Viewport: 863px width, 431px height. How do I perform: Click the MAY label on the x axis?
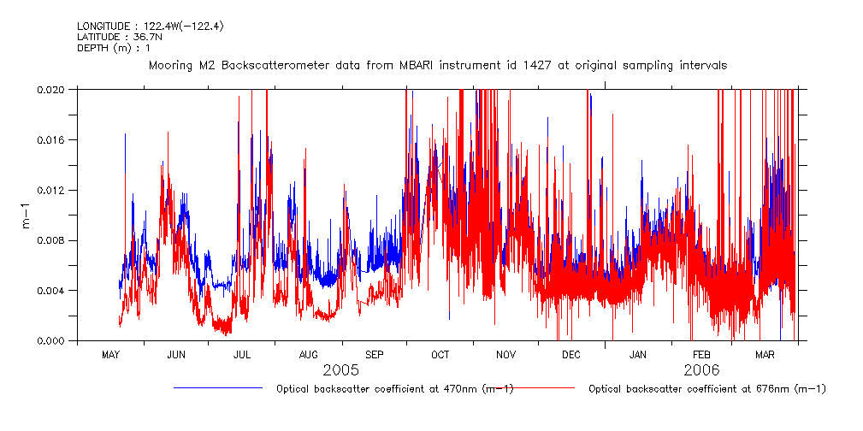coord(110,354)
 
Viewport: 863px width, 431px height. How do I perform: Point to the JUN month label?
coord(176,354)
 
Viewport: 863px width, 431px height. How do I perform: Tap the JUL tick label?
coord(242,354)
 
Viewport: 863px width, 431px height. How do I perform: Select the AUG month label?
coord(309,354)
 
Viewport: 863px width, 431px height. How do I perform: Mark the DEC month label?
coord(571,354)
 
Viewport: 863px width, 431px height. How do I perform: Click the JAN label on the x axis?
coord(638,354)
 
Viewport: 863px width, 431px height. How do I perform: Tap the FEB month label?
coord(701,354)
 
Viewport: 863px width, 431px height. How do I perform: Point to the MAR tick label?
coord(765,354)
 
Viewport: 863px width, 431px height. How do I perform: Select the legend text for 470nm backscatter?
coord(394,389)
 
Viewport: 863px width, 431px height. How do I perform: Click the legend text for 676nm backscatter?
coord(707,389)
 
